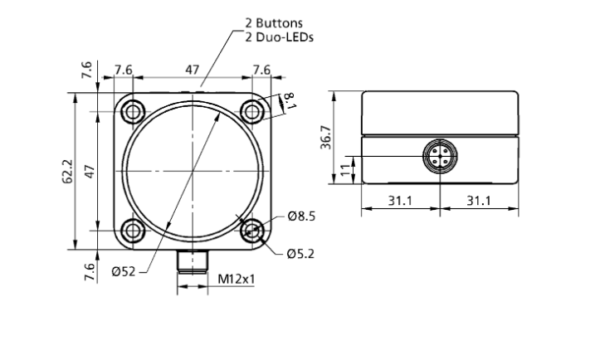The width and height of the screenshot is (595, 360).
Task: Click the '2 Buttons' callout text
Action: click(x=274, y=23)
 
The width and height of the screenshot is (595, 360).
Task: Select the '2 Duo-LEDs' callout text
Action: click(x=280, y=37)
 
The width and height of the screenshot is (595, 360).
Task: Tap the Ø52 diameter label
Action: click(x=124, y=271)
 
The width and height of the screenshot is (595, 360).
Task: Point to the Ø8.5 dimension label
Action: click(x=302, y=216)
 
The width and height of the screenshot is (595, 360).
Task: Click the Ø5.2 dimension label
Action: click(x=301, y=253)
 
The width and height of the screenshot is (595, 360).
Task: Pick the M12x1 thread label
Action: click(x=237, y=280)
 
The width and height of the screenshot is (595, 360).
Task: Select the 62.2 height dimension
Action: click(x=67, y=171)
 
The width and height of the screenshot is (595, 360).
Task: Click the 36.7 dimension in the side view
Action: click(x=326, y=137)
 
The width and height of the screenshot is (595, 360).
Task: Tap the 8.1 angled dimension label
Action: click(x=290, y=100)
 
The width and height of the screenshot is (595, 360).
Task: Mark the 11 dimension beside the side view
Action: click(x=345, y=169)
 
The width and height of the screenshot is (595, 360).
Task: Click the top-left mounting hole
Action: click(x=133, y=112)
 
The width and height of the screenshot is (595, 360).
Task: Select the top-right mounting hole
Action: click(x=252, y=112)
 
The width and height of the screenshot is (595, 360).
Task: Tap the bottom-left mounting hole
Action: click(x=133, y=231)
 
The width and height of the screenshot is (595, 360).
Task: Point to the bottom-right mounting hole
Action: click(x=252, y=231)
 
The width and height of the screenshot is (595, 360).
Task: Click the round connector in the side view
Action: click(x=440, y=156)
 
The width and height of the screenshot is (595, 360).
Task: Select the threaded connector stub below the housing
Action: click(x=193, y=262)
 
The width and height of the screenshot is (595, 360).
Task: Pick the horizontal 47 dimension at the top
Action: click(x=192, y=71)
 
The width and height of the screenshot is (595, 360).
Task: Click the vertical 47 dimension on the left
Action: click(x=90, y=171)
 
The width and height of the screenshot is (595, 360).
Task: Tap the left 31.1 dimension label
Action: click(x=400, y=200)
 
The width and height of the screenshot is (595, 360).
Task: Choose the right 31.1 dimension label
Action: click(x=479, y=200)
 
